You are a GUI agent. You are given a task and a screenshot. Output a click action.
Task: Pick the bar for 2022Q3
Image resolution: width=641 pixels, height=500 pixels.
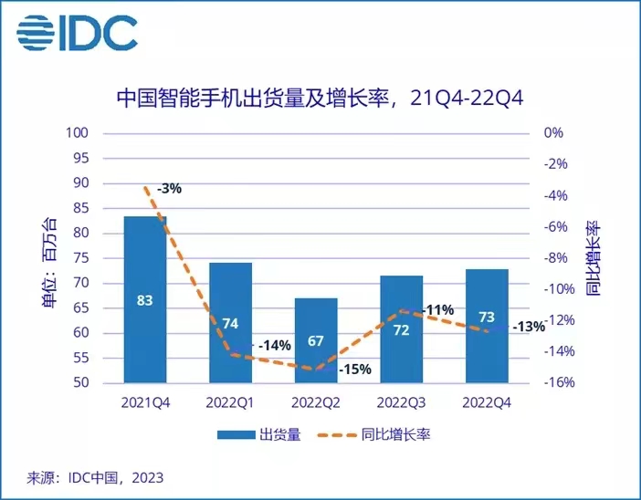401,328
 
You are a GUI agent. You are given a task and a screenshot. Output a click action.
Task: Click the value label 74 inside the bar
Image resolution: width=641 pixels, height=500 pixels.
230,323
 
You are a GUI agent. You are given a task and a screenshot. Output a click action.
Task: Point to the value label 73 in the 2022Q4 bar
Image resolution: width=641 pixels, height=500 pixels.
487,318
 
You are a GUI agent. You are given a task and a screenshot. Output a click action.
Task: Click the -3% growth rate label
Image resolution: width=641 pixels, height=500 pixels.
169,189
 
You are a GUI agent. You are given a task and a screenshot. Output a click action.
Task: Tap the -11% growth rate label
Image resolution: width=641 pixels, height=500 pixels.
439,310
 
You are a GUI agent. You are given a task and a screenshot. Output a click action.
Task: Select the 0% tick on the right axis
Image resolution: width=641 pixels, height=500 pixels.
553,133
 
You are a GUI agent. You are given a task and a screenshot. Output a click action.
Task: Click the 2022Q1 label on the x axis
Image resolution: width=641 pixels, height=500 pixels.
230,401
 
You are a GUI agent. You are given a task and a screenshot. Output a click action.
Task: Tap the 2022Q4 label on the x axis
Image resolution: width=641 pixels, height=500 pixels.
487,401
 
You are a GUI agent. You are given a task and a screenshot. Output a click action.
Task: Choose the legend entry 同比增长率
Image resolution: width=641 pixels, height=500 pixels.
393,435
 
